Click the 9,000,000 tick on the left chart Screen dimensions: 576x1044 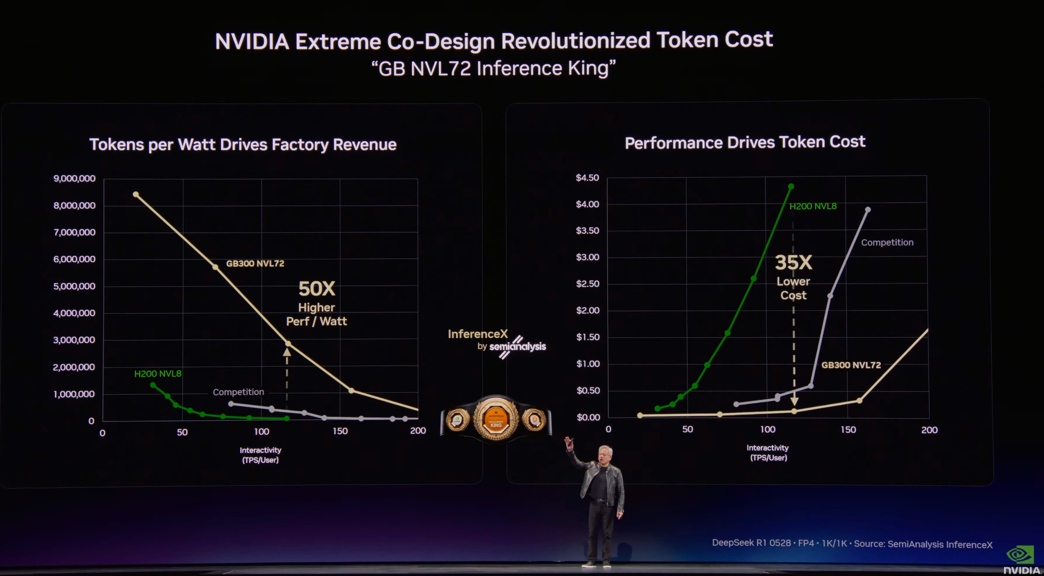tap(74, 178)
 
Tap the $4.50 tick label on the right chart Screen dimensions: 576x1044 tap(587, 178)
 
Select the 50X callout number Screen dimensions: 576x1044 tap(317, 289)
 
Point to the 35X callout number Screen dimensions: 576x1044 tap(793, 262)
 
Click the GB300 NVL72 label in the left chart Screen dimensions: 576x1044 tap(255, 264)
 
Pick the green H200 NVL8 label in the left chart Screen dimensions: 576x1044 tap(158, 374)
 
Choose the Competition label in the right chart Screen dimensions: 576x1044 tap(887, 242)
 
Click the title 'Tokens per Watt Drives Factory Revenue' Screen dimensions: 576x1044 tap(243, 144)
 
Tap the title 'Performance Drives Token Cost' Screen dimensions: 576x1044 tap(745, 142)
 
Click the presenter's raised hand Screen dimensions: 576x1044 tap(569, 443)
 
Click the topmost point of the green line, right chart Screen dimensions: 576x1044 tap(791, 186)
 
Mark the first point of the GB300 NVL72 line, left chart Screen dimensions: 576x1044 tap(136, 195)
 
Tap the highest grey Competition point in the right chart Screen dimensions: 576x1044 tap(868, 210)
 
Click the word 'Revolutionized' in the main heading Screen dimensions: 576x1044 tap(575, 41)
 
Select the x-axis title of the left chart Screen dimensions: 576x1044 tap(260, 455)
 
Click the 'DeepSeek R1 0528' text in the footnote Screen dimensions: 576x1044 tap(751, 543)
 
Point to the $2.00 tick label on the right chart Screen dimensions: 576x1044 tap(587, 310)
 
